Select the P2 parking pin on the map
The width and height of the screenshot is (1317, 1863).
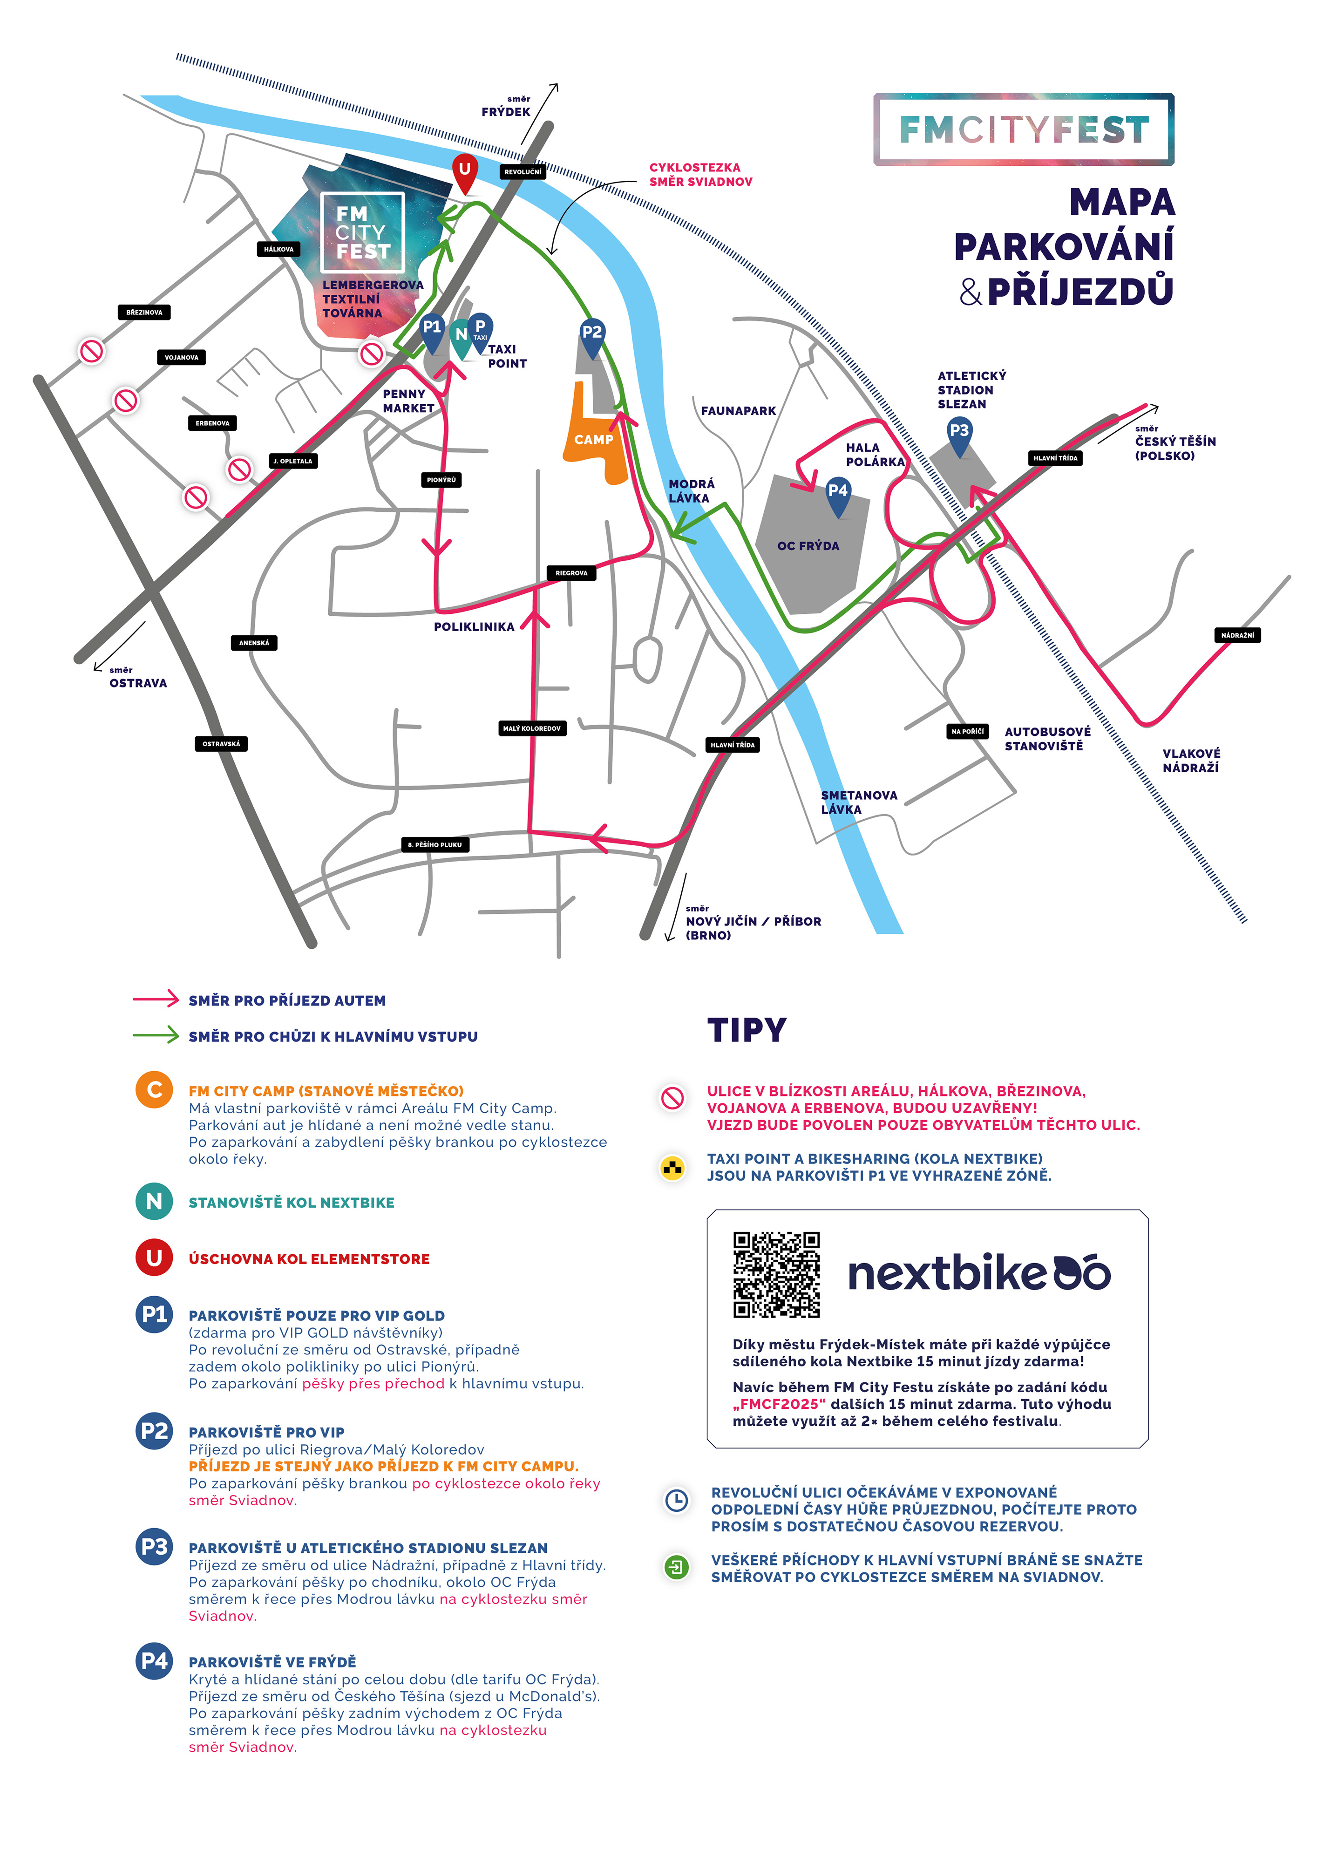(x=592, y=337)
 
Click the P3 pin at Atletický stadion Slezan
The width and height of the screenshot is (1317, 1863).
(x=959, y=436)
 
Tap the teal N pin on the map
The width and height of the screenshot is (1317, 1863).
(x=461, y=338)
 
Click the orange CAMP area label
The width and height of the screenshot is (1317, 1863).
(x=594, y=440)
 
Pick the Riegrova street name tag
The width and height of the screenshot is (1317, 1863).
(x=571, y=573)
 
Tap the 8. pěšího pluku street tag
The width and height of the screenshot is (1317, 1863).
(x=435, y=845)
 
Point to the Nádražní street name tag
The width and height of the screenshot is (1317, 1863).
(x=1237, y=635)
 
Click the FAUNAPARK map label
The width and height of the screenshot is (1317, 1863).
(x=739, y=411)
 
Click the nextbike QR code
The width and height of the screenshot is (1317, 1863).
(x=777, y=1275)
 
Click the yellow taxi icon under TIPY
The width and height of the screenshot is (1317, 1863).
(x=672, y=1169)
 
